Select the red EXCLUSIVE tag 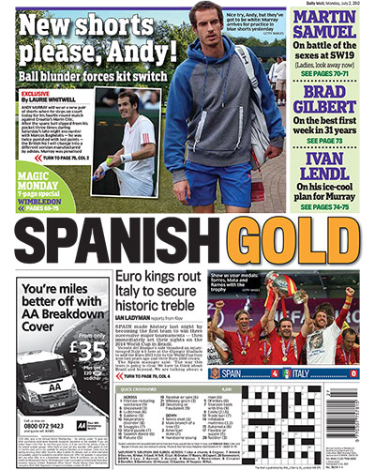click(35, 95)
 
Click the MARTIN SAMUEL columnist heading click(331, 25)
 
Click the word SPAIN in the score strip click(246, 374)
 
